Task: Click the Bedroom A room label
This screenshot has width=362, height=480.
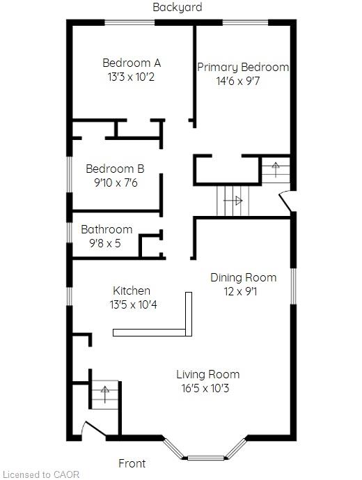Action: (132, 63)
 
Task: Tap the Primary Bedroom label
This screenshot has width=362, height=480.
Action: (243, 68)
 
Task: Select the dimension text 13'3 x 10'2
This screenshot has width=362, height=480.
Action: (131, 77)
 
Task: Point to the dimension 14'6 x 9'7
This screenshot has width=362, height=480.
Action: (238, 81)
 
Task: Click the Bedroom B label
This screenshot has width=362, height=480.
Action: (115, 169)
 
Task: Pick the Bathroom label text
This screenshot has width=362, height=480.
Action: (107, 229)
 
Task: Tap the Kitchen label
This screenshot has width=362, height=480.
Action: (132, 291)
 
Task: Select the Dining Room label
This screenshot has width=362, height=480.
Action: (244, 278)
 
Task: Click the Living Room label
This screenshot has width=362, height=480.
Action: (207, 374)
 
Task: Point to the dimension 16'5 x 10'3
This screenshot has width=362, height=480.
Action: (205, 389)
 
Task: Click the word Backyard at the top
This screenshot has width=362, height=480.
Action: (178, 7)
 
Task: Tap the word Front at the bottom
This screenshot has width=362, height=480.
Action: (132, 463)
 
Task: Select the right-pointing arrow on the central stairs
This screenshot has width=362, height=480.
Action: (233, 201)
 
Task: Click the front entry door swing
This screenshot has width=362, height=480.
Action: (94, 429)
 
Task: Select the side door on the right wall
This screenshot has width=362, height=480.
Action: (285, 201)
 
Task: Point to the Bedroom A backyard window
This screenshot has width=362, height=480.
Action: (129, 22)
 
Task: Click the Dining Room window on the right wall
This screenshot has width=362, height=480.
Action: (293, 286)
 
